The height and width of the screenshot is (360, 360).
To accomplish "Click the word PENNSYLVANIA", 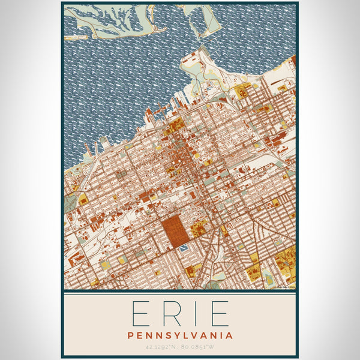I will click(x=179, y=335).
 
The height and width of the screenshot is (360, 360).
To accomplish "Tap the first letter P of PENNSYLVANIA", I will click(x=130, y=335).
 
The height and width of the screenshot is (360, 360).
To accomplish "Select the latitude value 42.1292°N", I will click(x=158, y=347).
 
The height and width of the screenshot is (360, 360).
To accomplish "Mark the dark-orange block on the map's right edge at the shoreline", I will click(x=293, y=62).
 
